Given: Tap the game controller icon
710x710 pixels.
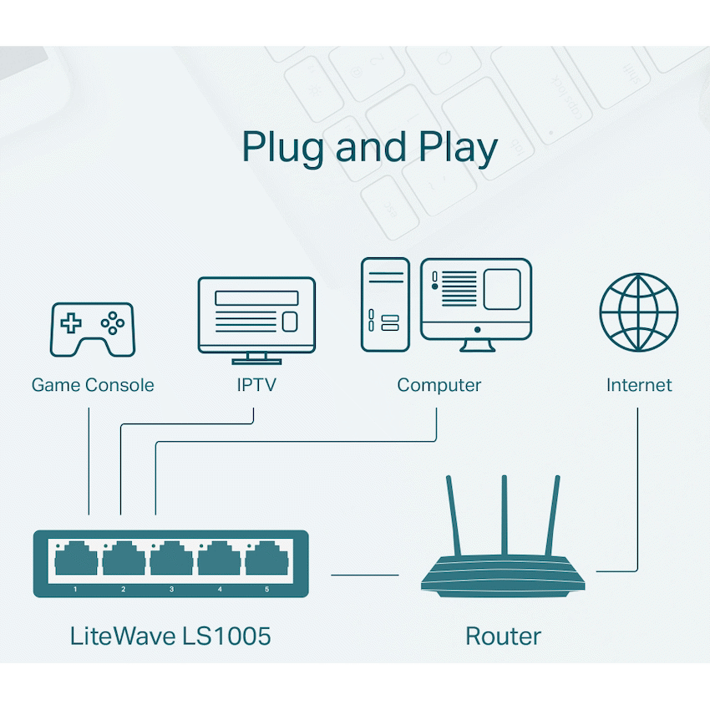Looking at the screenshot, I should click(x=93, y=329).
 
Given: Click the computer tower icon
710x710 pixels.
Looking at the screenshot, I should click(x=385, y=304).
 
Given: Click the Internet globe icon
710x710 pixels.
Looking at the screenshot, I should click(x=639, y=312).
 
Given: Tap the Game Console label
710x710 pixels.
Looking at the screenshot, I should click(x=93, y=385).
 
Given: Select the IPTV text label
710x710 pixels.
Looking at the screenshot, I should click(x=256, y=385).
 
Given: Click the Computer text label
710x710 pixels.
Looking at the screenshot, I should click(x=439, y=385).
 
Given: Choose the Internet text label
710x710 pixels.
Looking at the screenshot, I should click(x=639, y=385).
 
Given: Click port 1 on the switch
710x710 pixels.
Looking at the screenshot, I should click(x=76, y=558).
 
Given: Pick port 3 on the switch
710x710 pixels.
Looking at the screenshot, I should click(x=171, y=558).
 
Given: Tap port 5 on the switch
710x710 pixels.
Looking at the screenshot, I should click(x=266, y=558).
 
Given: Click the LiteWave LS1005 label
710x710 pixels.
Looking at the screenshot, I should click(x=170, y=636).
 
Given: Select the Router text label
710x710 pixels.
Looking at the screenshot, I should click(x=503, y=636).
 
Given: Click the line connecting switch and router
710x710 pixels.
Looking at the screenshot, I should click(x=365, y=575).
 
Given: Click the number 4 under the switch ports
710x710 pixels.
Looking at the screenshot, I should click(x=220, y=590).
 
